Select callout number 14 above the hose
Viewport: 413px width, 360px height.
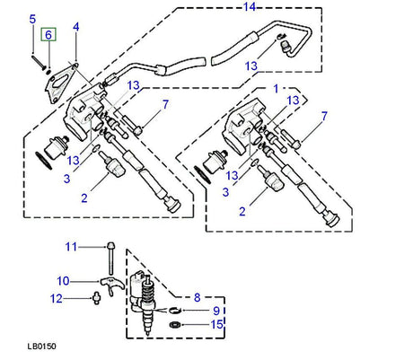(250, 8)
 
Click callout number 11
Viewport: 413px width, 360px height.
(69, 246)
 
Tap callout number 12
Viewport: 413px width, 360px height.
(56, 299)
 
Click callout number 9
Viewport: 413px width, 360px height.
(216, 310)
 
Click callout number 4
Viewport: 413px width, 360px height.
(75, 27)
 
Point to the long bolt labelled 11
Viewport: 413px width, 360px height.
(109, 260)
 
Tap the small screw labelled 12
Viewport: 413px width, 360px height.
(93, 299)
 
